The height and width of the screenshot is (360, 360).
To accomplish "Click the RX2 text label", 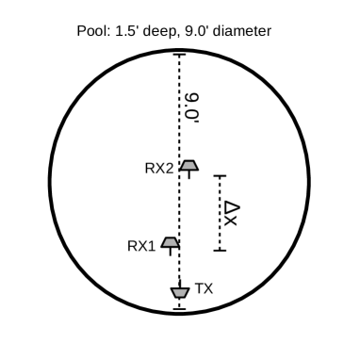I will click(x=158, y=169).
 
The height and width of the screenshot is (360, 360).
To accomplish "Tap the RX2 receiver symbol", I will click(x=189, y=166).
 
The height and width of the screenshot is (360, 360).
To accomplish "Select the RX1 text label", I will click(x=140, y=245).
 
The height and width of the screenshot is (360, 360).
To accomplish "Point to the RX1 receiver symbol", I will click(x=171, y=243).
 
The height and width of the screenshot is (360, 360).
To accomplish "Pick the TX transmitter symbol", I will click(x=180, y=293).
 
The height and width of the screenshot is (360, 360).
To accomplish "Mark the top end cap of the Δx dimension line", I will click(x=221, y=175).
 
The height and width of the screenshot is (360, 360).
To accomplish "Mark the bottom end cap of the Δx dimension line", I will click(x=221, y=251).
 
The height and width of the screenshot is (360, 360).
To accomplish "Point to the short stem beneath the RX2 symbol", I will click(x=189, y=175).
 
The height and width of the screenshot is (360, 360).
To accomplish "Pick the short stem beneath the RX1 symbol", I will click(x=171, y=253).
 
